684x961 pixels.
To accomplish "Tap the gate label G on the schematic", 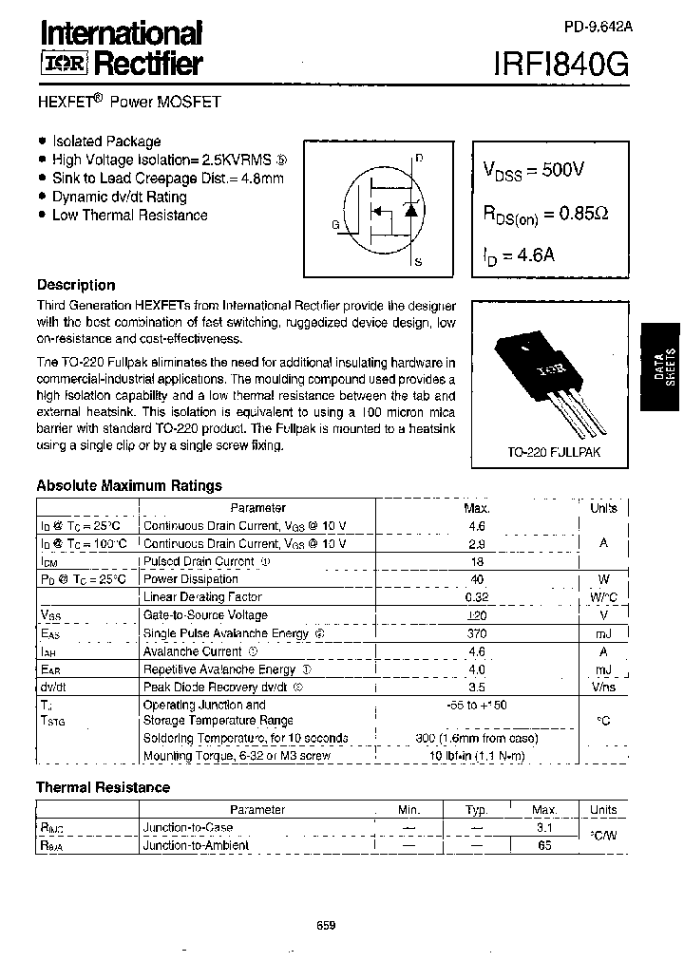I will pyautogui.click(x=335, y=224).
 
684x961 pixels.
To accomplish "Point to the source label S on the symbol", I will pyautogui.click(x=419, y=261).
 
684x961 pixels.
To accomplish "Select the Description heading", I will pyautogui.click(x=76, y=285).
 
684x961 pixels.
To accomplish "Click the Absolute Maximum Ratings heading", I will pyautogui.click(x=129, y=485).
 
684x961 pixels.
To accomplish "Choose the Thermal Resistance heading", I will pyautogui.click(x=103, y=787).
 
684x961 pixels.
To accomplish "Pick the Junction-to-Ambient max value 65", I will pyautogui.click(x=544, y=844).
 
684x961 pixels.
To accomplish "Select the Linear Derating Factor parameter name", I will pyautogui.click(x=201, y=596).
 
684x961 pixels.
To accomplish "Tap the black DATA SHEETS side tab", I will pyautogui.click(x=662, y=366).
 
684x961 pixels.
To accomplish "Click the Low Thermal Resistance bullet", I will pyautogui.click(x=129, y=215).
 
